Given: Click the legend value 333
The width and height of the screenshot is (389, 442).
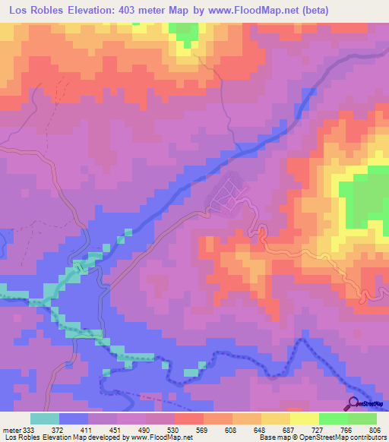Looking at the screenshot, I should pos(30,429).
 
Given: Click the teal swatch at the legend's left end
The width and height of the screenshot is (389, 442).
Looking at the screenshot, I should pos(45,418).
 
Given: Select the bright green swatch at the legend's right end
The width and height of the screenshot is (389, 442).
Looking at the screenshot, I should pos(362,418).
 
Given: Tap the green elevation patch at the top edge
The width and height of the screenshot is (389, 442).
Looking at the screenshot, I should pos(182,32).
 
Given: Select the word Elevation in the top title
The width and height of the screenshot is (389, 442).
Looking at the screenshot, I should pos(87,11).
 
